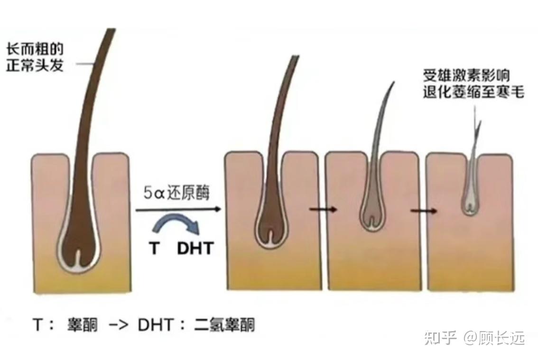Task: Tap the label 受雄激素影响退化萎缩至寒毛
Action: click(x=473, y=83)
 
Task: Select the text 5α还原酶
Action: click(x=176, y=194)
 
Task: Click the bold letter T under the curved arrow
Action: click(x=154, y=248)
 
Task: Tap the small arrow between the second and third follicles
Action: click(x=323, y=209)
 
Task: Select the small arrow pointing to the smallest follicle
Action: click(x=424, y=209)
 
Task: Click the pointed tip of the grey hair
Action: click(x=393, y=84)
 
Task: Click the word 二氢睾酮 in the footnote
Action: click(x=224, y=325)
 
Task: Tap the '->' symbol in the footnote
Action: click(x=118, y=325)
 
